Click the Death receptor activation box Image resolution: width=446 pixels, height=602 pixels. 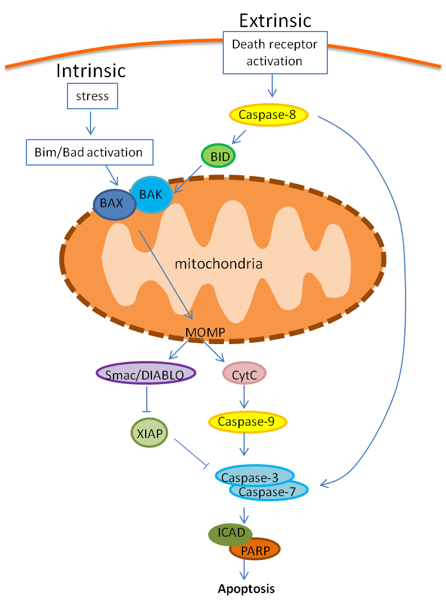(x=275, y=52)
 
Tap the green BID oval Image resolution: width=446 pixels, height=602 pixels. (x=218, y=156)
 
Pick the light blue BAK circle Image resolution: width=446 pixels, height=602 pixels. (x=151, y=194)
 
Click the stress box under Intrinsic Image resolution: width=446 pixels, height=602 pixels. (x=92, y=96)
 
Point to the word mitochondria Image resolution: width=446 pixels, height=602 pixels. (x=218, y=263)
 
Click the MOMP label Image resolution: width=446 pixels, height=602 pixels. (x=205, y=333)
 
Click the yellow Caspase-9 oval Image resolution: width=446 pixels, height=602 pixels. (x=247, y=421)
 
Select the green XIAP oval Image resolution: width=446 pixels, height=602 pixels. (x=148, y=434)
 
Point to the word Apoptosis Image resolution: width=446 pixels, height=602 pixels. (x=246, y=589)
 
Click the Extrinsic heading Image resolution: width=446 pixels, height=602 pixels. (x=275, y=21)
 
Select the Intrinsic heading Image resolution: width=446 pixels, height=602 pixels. (x=91, y=71)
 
